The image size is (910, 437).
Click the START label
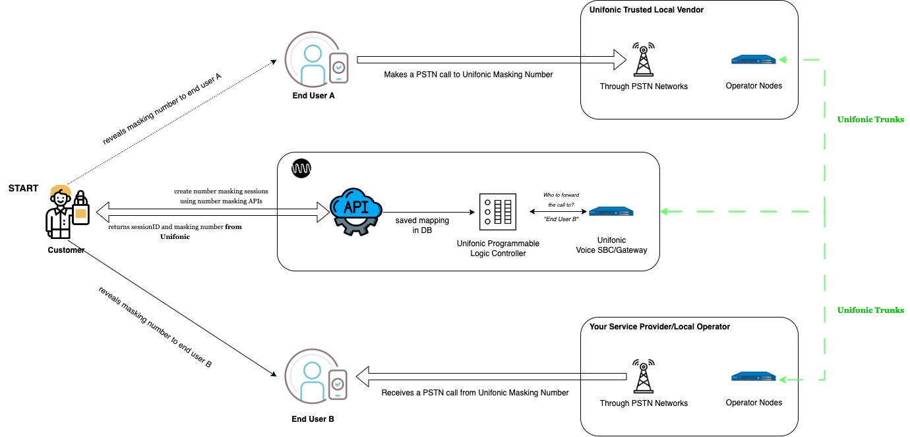tap(23, 188)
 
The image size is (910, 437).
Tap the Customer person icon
tap(67, 213)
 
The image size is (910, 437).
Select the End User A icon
tap(316, 59)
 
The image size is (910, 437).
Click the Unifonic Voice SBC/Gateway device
tap(611, 211)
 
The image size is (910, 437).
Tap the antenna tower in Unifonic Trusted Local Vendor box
tap(643, 60)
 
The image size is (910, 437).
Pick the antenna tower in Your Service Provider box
tap(643, 377)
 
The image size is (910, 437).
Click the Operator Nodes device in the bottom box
tap(754, 377)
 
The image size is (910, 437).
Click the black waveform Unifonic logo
tap(301, 169)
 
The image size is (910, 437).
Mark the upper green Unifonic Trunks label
tap(870, 119)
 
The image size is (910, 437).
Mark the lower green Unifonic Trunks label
tap(870, 310)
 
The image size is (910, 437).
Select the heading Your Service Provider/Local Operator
tap(659, 327)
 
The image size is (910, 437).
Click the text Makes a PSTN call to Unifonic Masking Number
tap(468, 75)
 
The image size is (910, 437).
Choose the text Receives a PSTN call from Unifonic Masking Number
tap(475, 392)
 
